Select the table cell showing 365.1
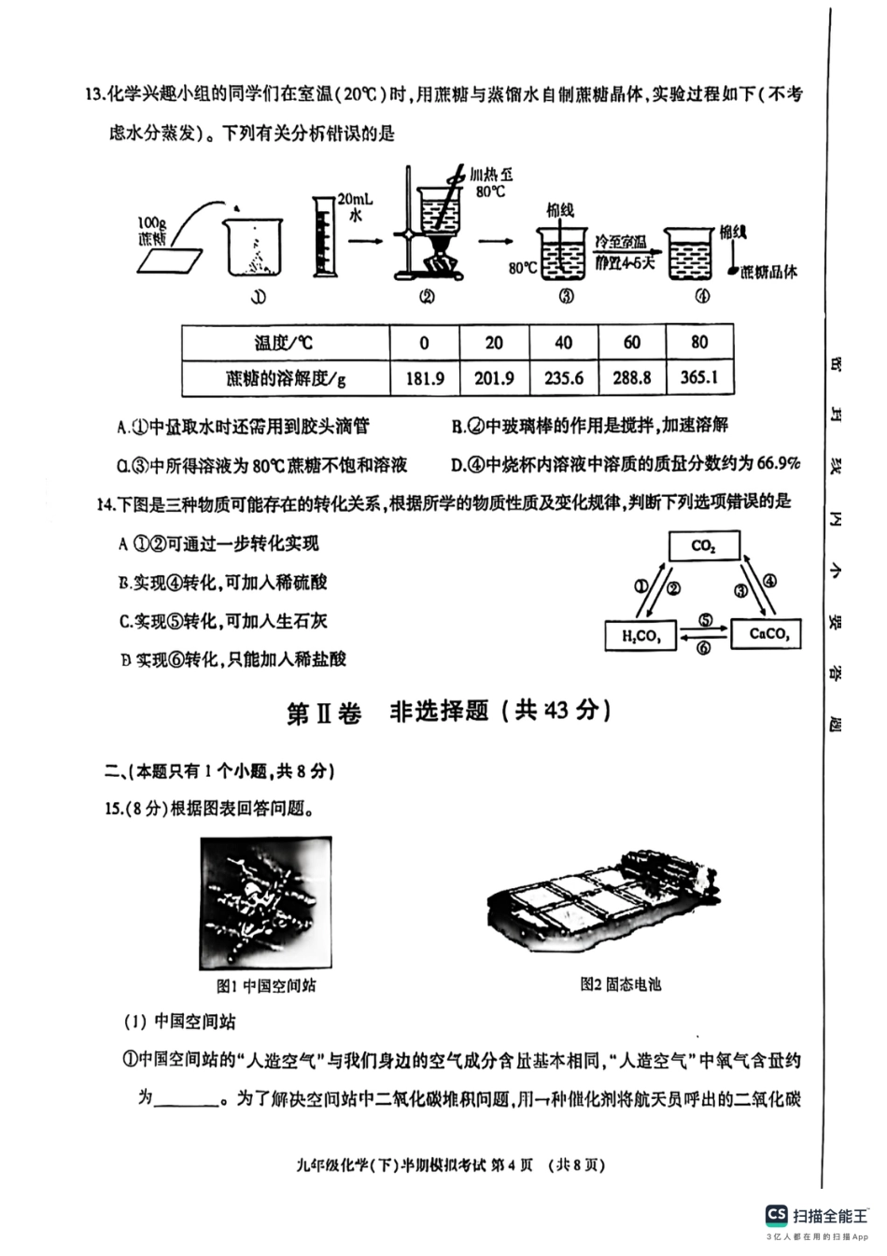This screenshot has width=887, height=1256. pos(699,378)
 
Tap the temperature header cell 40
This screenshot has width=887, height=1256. pos(563,343)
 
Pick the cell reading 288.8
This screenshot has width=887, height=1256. pos(632,378)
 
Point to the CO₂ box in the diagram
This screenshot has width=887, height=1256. pos(703,546)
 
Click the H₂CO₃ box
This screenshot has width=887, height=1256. pos(641,637)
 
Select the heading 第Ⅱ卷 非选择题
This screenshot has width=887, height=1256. pos(448,712)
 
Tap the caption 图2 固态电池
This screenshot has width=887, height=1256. pos(620,983)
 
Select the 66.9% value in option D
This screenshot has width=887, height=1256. pos(778,463)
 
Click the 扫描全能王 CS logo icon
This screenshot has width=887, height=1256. pos(776,1214)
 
